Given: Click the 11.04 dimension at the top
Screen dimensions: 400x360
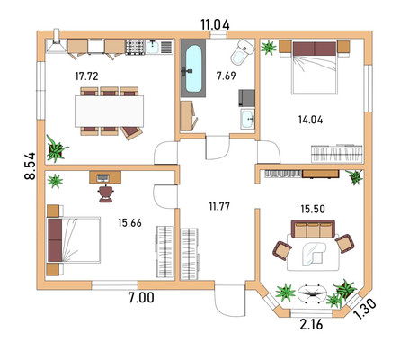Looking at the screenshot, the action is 215,24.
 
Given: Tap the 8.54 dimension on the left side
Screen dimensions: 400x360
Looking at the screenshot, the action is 30,166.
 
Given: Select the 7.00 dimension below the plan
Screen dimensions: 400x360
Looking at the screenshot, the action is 141,298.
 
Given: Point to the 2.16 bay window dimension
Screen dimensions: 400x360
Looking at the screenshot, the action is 311,324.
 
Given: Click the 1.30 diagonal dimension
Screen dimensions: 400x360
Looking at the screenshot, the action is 365,309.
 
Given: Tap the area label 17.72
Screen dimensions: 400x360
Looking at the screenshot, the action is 86,76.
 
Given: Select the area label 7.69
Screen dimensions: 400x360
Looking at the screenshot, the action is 227,76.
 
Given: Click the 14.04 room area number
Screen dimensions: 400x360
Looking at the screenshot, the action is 311,120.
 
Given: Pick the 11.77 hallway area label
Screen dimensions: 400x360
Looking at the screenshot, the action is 219,206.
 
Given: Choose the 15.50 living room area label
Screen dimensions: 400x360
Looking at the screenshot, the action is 313,209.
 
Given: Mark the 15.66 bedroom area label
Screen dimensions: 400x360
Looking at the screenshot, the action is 129,223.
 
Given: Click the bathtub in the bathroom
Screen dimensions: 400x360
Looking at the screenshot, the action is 193,68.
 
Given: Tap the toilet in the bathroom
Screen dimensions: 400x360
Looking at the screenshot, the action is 243,51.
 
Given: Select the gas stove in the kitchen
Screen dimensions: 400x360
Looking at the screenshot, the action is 135,47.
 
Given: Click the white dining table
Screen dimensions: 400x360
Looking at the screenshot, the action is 109,112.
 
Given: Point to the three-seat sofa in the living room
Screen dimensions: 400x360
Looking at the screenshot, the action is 313,229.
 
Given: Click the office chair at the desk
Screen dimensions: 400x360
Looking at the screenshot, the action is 105,193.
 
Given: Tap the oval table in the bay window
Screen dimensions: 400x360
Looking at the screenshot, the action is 313,294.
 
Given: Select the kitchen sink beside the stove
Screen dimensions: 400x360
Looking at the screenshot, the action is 153,47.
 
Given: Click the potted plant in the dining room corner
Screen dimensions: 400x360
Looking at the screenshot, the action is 56,148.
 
